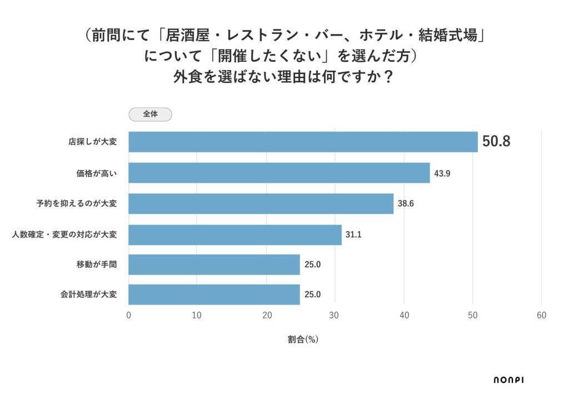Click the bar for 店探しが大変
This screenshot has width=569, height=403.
303,142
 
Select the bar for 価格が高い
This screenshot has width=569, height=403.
279,173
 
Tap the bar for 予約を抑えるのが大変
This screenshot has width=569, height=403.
261,204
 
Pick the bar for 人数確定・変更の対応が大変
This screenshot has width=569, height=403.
235,235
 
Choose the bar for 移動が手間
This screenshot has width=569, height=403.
214,264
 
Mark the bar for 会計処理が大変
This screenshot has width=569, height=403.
214,294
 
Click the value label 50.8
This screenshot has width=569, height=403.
496,142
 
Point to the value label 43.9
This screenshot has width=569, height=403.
442,173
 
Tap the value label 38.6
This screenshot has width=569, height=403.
406,204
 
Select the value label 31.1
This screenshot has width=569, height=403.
353,235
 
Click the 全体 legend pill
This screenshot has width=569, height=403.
150,114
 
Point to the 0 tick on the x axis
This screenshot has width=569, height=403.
129,316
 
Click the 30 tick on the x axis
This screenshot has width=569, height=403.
335,316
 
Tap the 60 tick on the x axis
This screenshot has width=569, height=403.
542,316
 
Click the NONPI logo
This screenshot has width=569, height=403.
508,380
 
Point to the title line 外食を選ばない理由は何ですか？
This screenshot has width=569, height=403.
284,76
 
